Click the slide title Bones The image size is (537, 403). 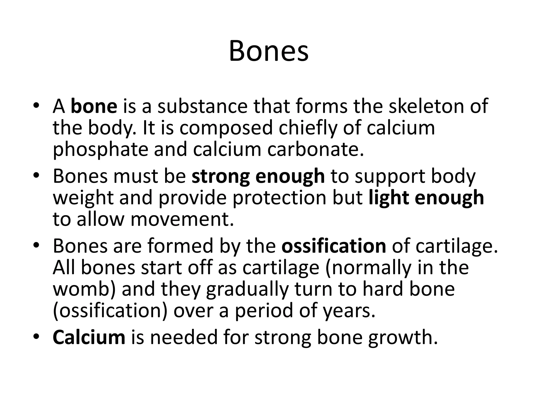[268, 51]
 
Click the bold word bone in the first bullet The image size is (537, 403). [94, 106]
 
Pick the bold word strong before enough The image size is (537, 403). [220, 176]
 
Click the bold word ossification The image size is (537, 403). [334, 246]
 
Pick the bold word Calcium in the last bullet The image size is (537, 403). [89, 337]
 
